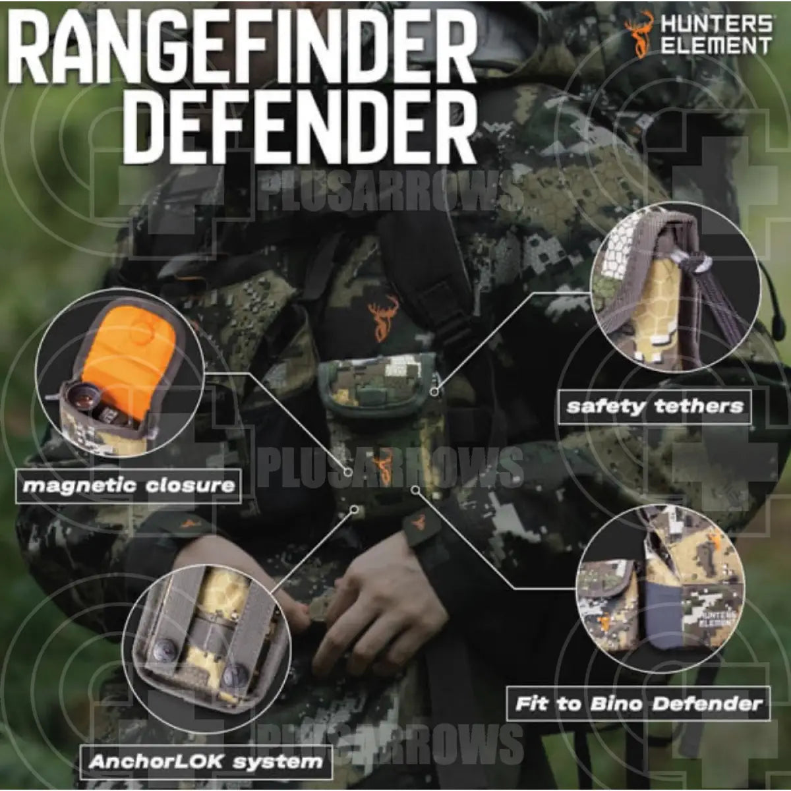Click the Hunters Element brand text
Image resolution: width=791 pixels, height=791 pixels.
716,36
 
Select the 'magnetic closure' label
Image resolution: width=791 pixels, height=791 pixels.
129,486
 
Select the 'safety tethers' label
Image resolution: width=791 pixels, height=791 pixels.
655,407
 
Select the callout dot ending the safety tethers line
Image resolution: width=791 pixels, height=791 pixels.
434,392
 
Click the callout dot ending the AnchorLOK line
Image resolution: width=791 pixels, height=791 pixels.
354,510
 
